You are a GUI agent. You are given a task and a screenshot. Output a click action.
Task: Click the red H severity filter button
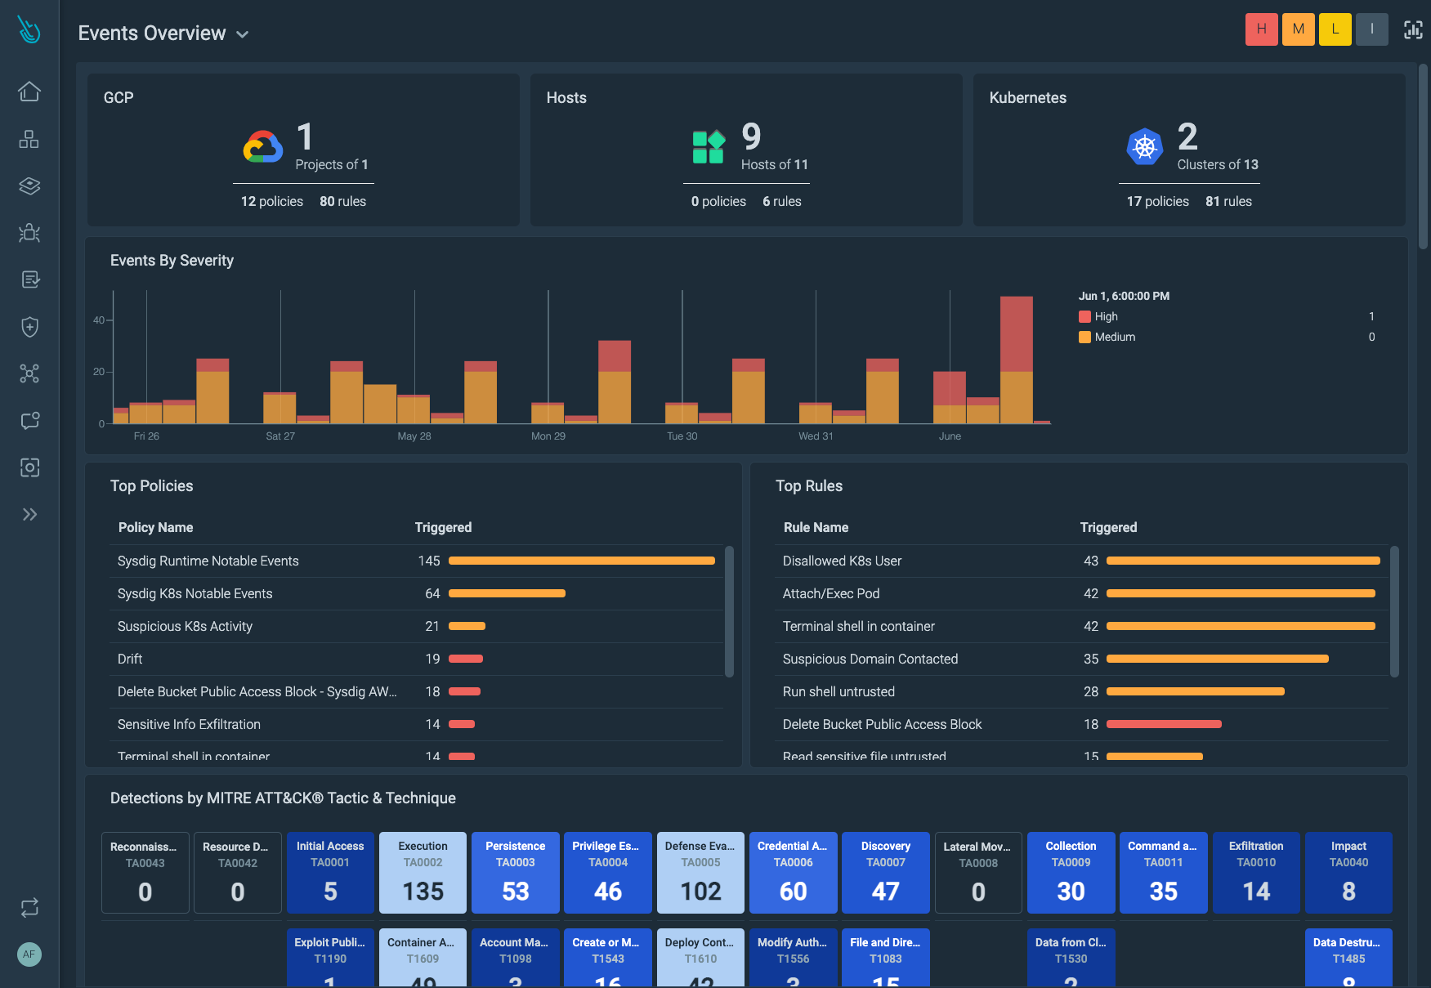coord(1261,29)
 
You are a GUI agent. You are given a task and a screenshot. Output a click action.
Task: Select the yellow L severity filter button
coord(1335,29)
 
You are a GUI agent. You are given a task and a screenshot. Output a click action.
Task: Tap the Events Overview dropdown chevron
coord(242,34)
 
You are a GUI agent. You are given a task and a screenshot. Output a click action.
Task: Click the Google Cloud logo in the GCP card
coord(263,147)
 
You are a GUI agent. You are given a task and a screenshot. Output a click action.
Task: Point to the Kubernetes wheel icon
coord(1144,147)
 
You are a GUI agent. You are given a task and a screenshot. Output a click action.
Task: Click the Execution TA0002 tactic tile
coord(423,872)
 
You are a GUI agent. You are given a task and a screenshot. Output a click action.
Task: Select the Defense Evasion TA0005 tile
coord(700,872)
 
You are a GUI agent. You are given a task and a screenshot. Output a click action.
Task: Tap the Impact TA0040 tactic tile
coord(1348,872)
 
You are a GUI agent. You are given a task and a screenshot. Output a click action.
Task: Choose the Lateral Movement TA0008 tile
coord(978,872)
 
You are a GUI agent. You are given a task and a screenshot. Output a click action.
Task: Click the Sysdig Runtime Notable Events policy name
coord(208,561)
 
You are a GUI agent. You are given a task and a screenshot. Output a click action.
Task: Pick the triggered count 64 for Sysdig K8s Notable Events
coord(432,594)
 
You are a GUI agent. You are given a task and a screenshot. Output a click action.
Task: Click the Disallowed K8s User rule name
coord(842,561)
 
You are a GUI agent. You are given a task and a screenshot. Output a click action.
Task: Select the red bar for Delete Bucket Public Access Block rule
coord(1163,724)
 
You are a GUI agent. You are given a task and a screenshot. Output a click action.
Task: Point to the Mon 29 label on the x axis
coord(548,436)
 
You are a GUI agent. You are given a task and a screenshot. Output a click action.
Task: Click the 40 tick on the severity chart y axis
coord(99,320)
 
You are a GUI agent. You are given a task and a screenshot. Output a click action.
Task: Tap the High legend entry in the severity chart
coord(1106,317)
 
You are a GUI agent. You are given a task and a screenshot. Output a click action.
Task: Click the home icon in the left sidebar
coord(29,92)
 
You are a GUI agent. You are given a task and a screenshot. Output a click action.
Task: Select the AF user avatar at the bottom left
coord(29,954)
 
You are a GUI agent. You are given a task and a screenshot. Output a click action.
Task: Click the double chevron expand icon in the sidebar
coord(29,514)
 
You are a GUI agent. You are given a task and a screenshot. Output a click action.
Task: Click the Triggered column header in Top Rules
coord(1108,528)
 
